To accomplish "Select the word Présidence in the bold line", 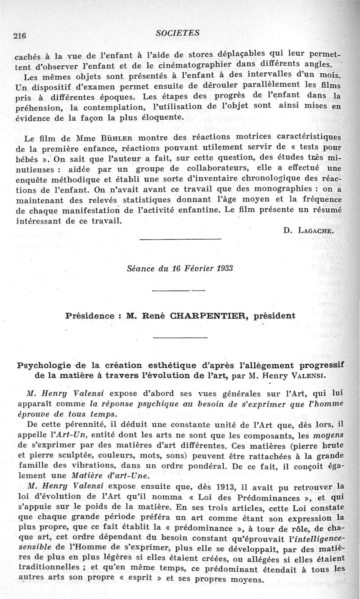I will [89, 316].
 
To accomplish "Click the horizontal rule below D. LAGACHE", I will [180, 239].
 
